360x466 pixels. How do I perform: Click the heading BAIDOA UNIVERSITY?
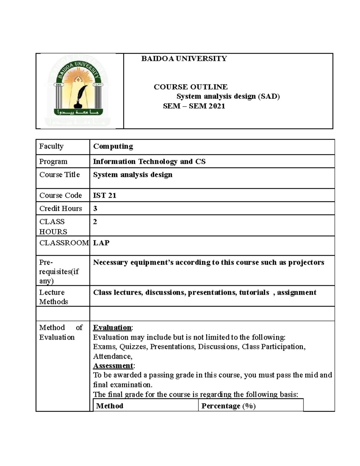click(184, 59)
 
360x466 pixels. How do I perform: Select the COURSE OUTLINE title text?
click(190, 87)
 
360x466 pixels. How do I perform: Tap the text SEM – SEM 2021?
click(194, 106)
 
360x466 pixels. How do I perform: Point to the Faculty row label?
click(51, 146)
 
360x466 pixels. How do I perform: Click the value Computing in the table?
click(113, 146)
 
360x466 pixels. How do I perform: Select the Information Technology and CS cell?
click(149, 161)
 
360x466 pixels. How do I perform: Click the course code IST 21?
click(104, 195)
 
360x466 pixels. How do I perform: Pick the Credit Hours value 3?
click(95, 209)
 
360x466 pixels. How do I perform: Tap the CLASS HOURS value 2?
click(95, 222)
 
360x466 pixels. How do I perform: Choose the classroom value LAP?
click(101, 243)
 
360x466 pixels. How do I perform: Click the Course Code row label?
click(61, 195)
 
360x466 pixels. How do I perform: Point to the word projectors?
click(306, 263)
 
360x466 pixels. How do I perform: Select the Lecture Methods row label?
click(53, 297)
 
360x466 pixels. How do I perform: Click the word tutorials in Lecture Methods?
click(254, 293)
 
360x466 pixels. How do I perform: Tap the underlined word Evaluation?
click(112, 327)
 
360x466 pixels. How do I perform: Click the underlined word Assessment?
click(113, 366)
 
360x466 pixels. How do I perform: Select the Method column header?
click(109, 406)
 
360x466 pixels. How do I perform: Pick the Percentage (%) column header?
click(228, 406)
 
